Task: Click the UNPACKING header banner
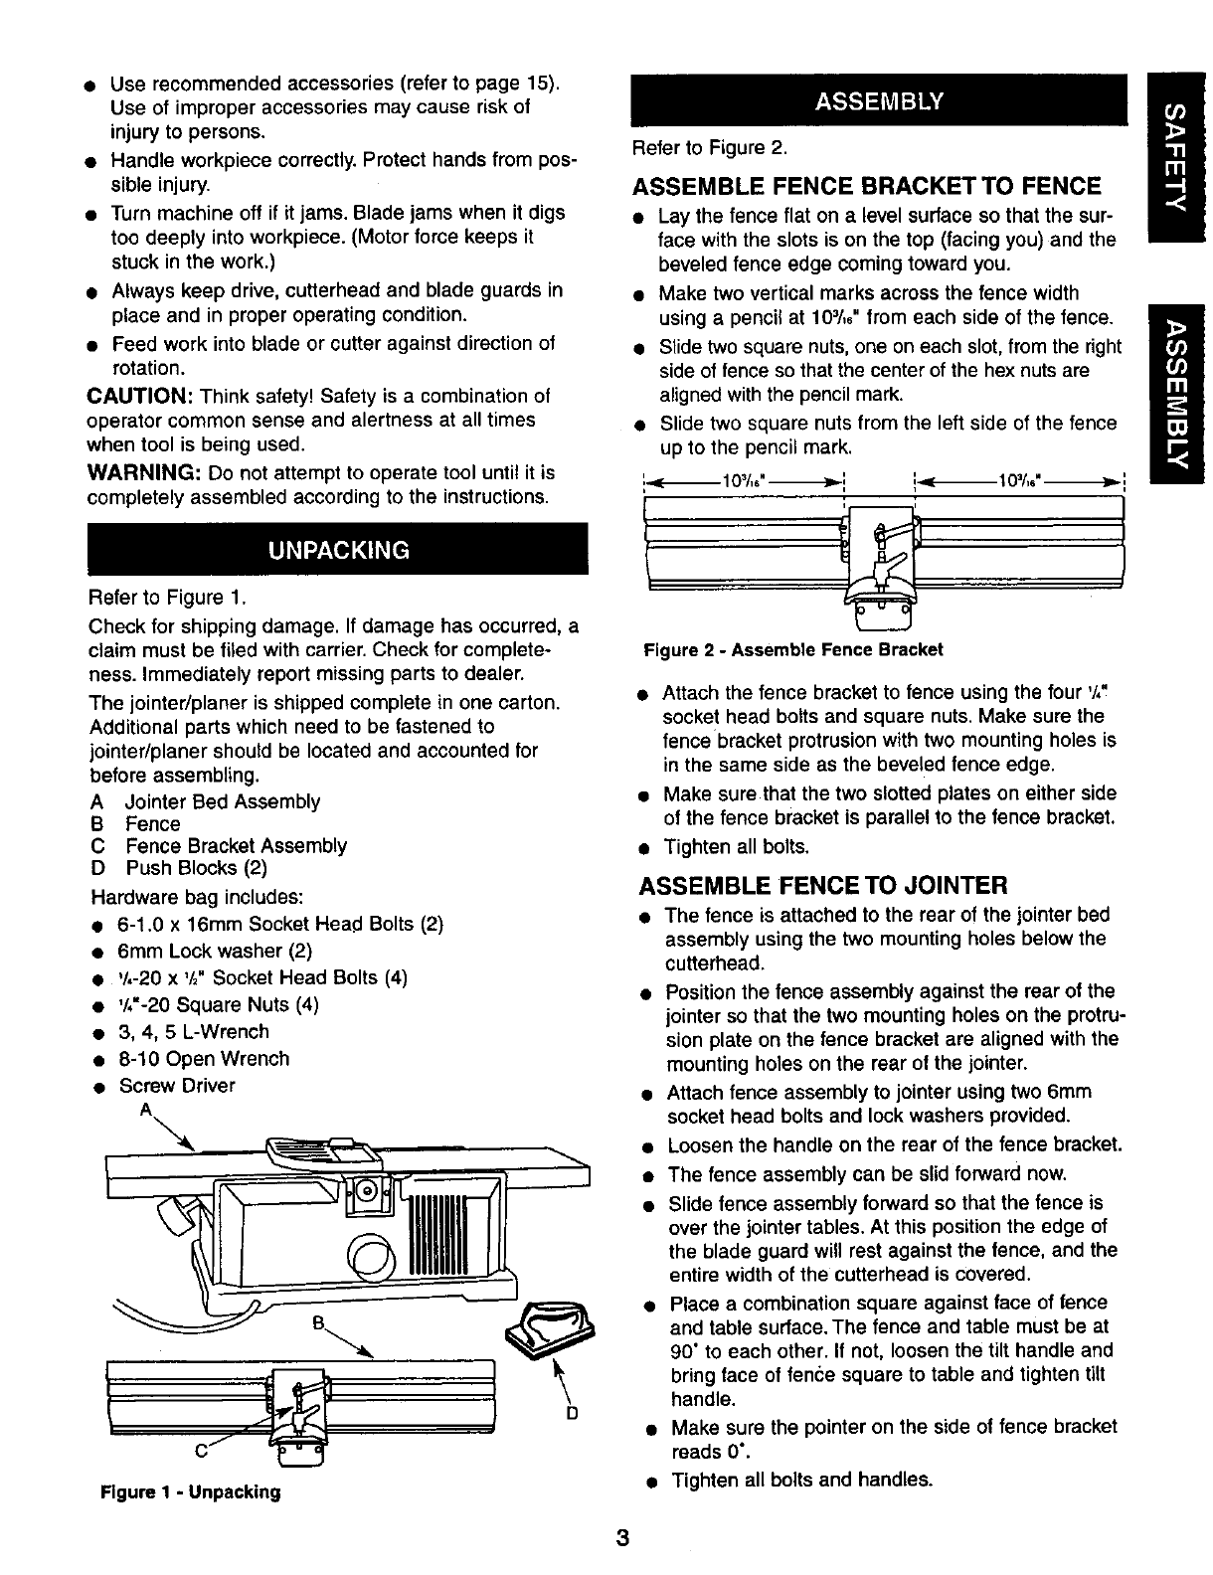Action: coord(337,549)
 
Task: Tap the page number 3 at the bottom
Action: coord(620,1539)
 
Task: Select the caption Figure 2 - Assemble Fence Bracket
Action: coord(792,650)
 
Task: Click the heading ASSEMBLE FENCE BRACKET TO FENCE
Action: coord(867,186)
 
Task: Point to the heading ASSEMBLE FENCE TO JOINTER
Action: coord(823,884)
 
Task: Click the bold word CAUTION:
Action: coord(131,395)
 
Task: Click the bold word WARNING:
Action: coord(134,471)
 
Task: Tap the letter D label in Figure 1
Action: coord(572,1413)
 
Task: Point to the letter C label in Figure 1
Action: coord(201,1449)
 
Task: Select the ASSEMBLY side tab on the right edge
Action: coord(1177,393)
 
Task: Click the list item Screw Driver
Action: coord(177,1086)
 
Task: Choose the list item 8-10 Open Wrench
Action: coord(204,1059)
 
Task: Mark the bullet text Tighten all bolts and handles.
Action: coord(802,1480)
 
